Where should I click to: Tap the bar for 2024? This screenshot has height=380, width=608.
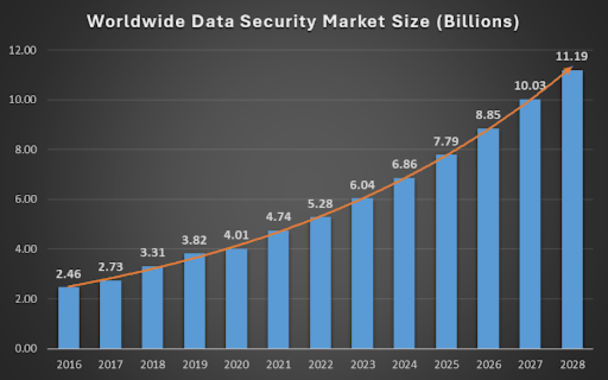pyautogui.click(x=404, y=263)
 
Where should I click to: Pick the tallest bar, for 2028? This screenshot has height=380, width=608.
pyautogui.click(x=572, y=209)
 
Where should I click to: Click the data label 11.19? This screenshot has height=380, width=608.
pyautogui.click(x=572, y=57)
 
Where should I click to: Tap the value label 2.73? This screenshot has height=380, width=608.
pyautogui.click(x=110, y=267)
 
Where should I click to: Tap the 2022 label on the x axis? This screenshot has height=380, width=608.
pyautogui.click(x=320, y=365)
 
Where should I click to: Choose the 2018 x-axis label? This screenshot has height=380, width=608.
pyautogui.click(x=152, y=365)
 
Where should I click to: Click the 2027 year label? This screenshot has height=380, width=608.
pyautogui.click(x=530, y=365)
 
